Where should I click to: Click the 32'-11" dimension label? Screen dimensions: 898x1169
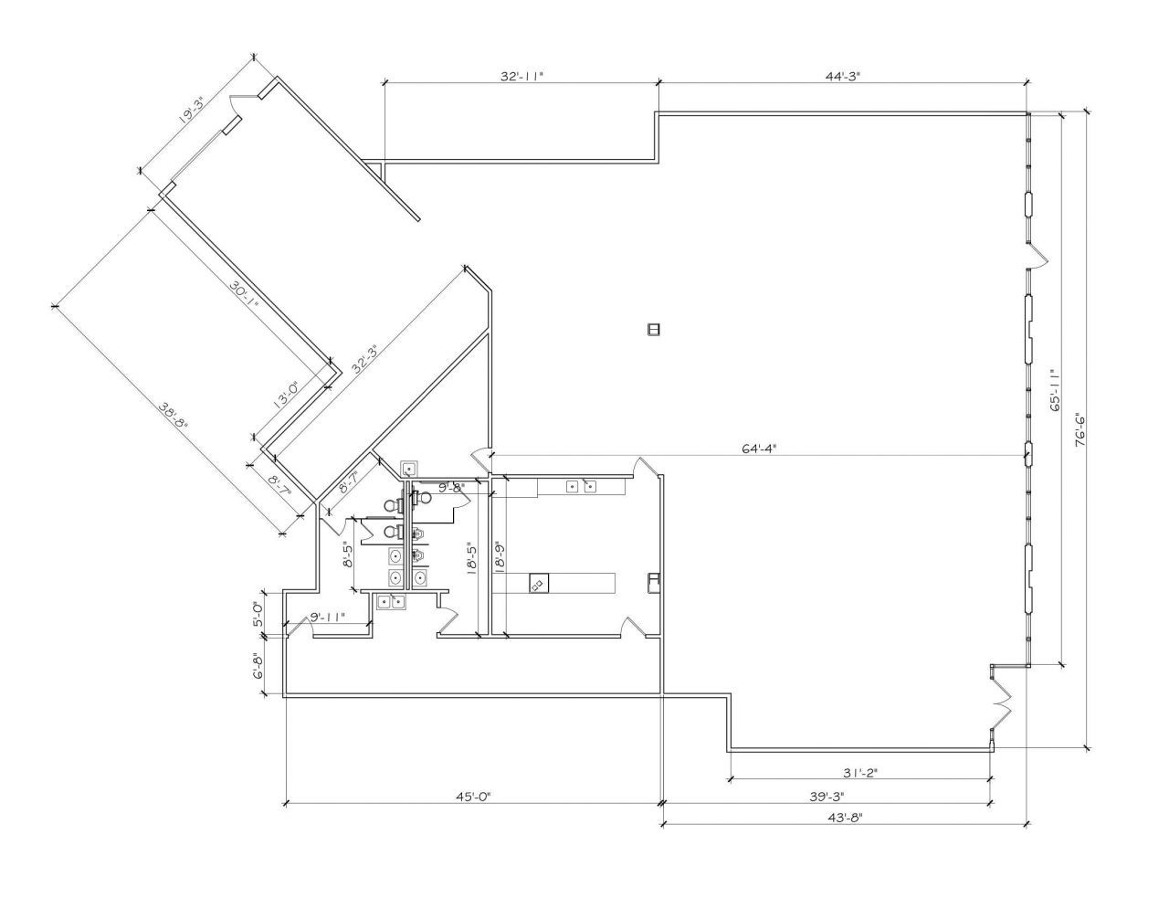coord(521,77)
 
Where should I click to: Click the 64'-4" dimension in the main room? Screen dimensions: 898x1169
coord(759,448)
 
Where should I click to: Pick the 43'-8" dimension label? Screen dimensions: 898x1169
coord(842,818)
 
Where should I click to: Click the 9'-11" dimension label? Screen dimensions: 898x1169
coord(326,618)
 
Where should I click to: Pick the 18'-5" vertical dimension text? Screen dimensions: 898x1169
coord(470,557)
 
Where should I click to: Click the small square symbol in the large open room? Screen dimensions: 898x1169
coord(653,329)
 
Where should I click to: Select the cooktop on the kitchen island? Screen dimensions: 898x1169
coord(539,583)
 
